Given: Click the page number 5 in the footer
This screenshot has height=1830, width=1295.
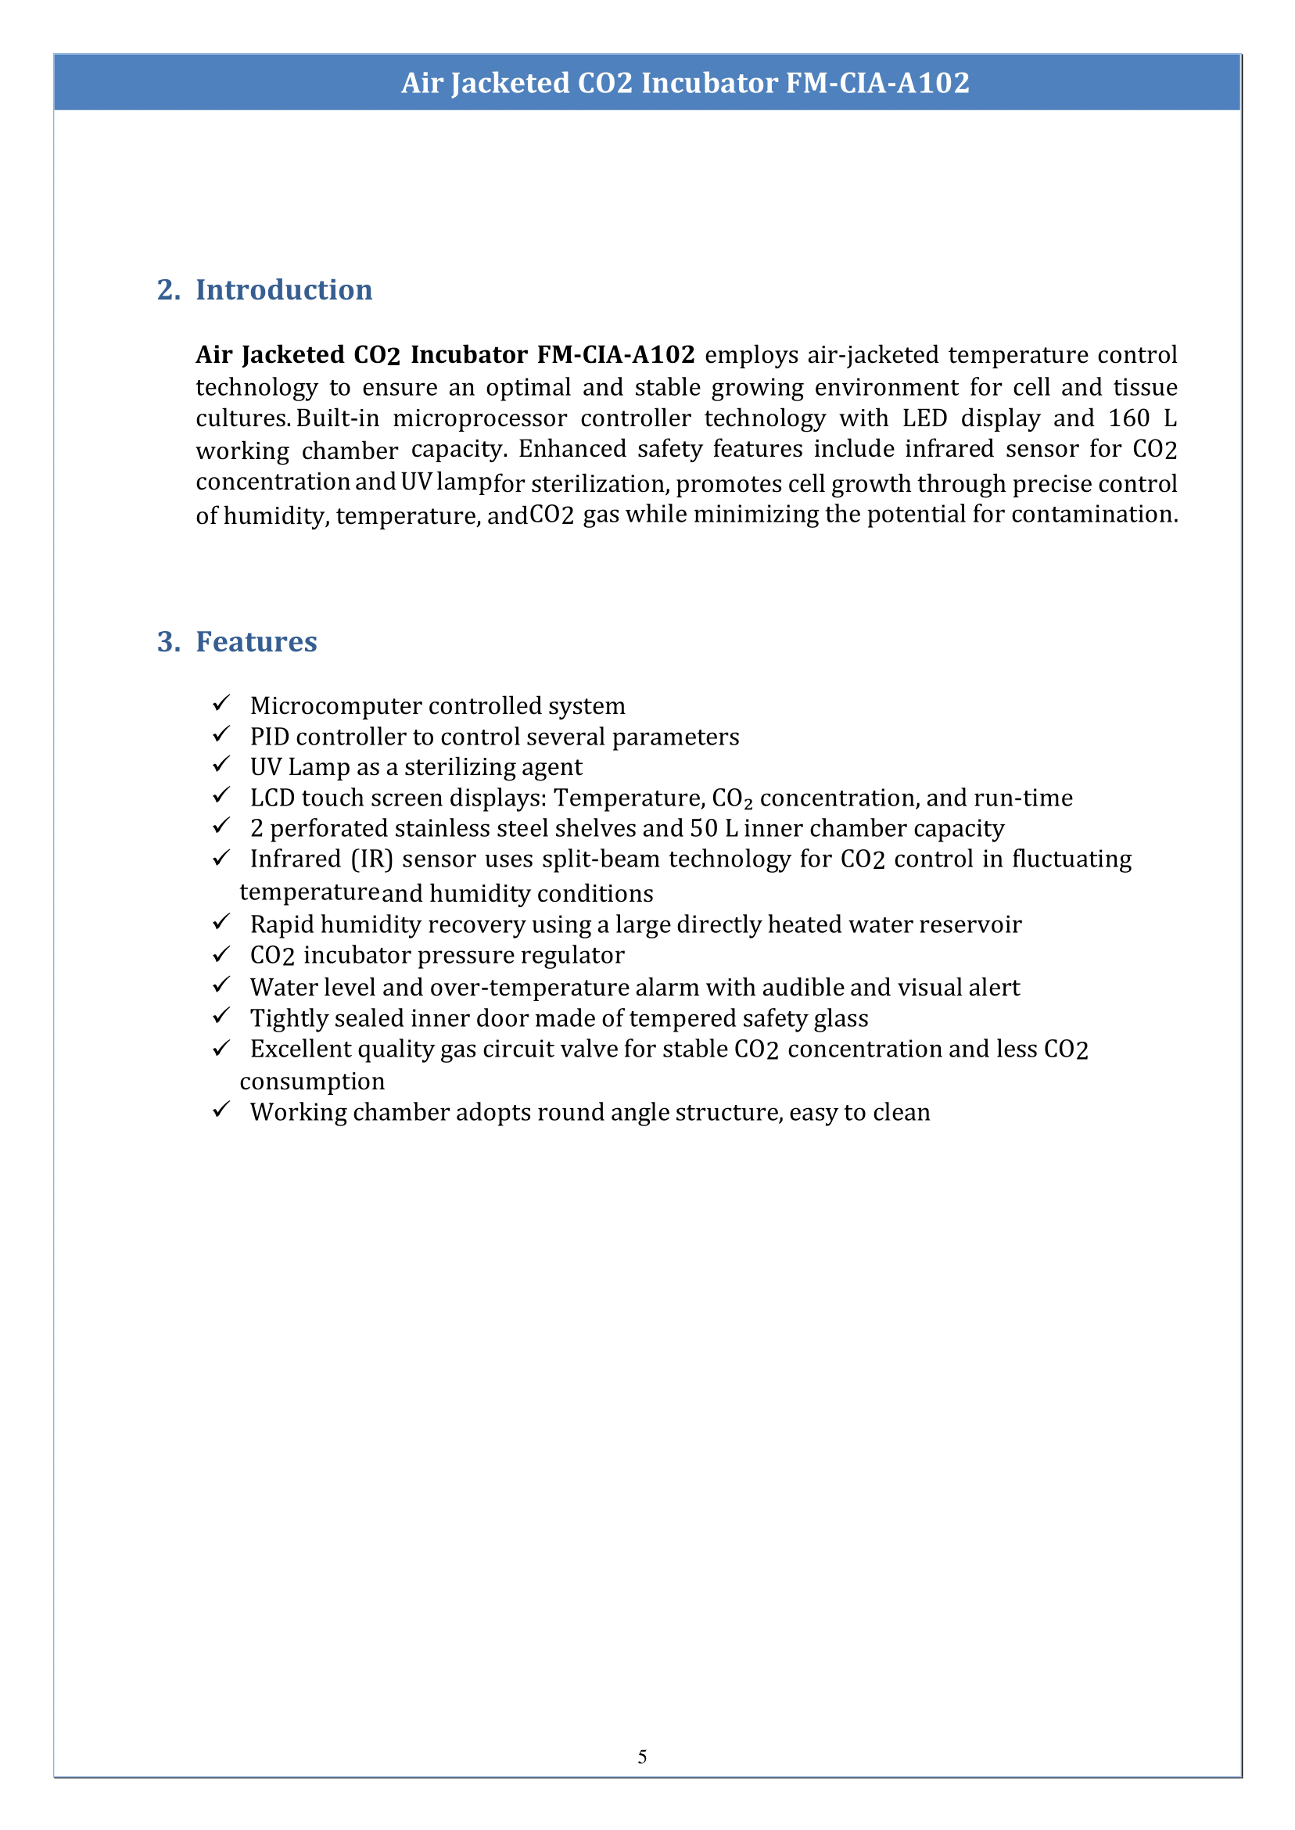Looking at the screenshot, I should pyautogui.click(x=642, y=1756).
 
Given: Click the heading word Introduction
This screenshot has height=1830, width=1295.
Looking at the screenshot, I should pyautogui.click(x=284, y=289).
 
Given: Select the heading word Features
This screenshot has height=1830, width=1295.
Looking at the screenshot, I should pyautogui.click(x=256, y=641).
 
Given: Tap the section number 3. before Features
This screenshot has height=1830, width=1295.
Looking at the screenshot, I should pyautogui.click(x=168, y=641).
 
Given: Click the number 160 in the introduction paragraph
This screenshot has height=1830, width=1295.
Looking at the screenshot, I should pyautogui.click(x=1129, y=418).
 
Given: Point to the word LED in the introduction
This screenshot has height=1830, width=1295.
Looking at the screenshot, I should pyautogui.click(x=924, y=418).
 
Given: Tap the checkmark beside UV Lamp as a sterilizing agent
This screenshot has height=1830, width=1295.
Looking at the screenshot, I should pyautogui.click(x=221, y=765).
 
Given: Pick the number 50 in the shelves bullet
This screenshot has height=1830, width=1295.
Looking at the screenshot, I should pyautogui.click(x=703, y=827).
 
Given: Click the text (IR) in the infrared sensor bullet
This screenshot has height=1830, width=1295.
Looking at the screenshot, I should pyautogui.click(x=371, y=859).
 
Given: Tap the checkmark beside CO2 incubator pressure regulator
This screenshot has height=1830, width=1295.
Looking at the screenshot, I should pyautogui.click(x=221, y=953).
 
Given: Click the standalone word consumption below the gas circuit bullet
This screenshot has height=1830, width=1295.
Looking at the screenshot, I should pyautogui.click(x=312, y=1082).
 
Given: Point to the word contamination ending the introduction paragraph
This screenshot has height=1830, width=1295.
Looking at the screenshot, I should pyautogui.click(x=1094, y=515).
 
